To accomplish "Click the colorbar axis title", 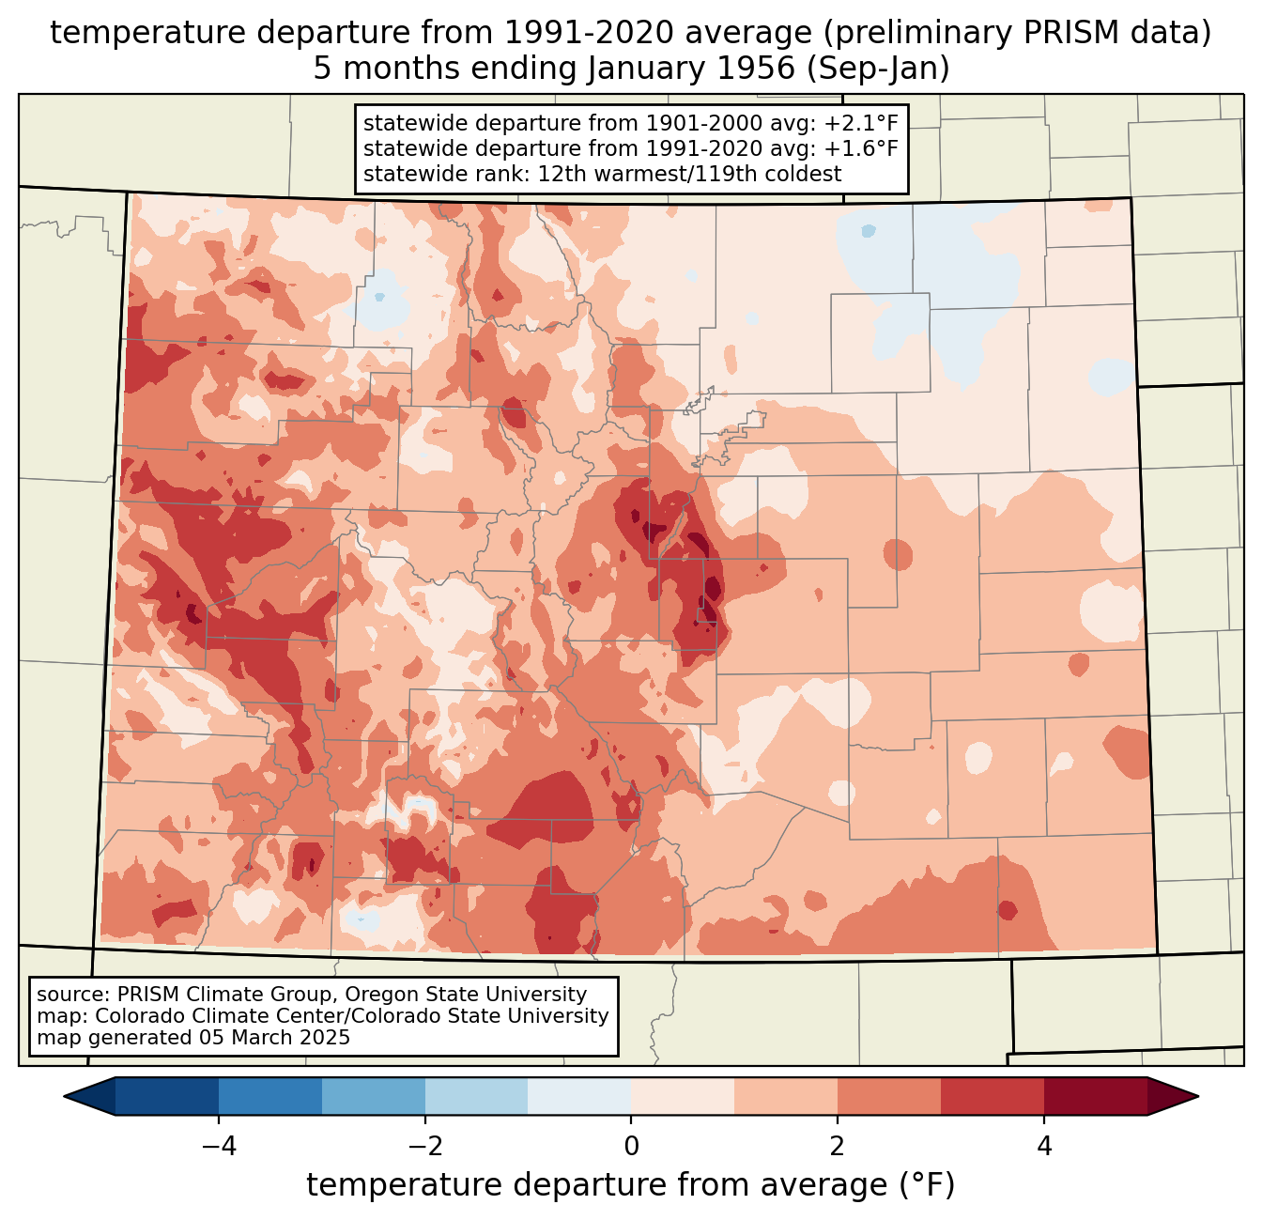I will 631,1185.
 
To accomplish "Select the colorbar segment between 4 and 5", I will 1095,1096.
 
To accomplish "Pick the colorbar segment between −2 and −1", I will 476,1096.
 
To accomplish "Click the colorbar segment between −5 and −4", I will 167,1096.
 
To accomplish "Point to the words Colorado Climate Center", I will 201,1016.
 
